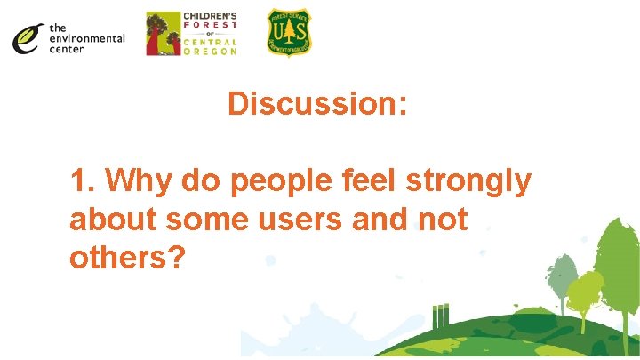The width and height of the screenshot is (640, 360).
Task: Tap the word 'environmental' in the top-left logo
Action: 87,38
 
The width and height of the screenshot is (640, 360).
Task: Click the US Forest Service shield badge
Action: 289,33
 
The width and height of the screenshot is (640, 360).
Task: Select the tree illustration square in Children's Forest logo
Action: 162,34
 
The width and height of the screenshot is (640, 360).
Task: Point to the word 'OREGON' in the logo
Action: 210,52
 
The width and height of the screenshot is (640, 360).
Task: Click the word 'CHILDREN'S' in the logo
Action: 210,17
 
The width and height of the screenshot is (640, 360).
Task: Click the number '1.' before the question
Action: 84,181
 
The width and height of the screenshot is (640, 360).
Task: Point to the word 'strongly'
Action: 469,181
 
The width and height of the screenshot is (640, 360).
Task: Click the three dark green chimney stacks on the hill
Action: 439,316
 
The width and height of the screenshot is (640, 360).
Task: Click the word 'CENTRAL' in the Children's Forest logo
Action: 210,42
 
